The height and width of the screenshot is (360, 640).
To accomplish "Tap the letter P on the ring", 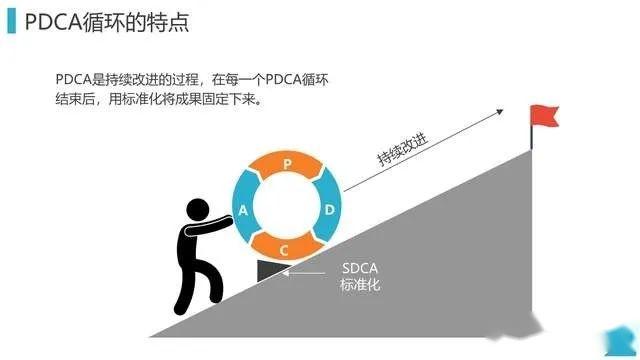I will [288, 163].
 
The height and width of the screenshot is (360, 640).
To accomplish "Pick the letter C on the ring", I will [285, 248].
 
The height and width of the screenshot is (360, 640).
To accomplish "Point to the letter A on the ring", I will [243, 209].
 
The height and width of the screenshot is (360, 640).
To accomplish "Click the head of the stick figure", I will [198, 212].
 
